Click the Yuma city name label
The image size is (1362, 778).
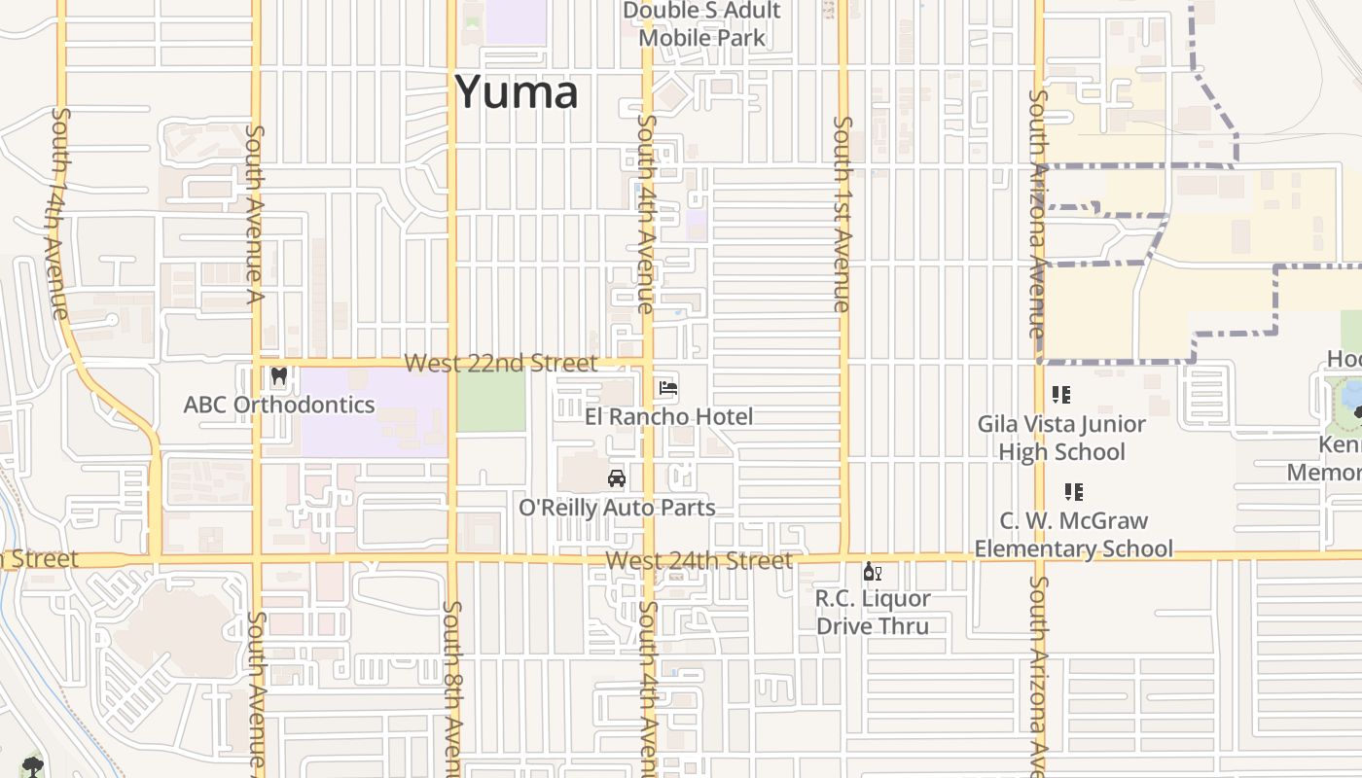[517, 92]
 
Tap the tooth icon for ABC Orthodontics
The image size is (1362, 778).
[279, 375]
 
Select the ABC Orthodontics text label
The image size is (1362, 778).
[279, 405]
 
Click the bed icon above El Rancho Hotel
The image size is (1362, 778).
[668, 388]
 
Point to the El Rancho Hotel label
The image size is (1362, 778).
[669, 416]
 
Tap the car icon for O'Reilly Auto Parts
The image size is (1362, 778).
[616, 478]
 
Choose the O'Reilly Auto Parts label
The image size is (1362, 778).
[617, 508]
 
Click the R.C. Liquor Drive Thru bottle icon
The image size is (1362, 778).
[873, 572]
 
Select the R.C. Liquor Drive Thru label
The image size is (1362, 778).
[873, 612]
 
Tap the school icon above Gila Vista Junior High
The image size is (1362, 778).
[1061, 395]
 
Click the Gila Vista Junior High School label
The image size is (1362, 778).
[1062, 438]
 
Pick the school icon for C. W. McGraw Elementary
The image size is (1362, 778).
[1074, 492]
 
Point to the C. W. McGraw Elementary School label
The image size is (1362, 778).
[1074, 535]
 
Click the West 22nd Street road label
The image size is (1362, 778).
[500, 364]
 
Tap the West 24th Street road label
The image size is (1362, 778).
[699, 561]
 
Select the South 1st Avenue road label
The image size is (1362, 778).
[843, 214]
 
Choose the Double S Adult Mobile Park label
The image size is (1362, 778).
[701, 24]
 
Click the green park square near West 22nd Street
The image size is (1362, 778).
[491, 401]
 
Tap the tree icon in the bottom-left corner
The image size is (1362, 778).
[33, 765]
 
